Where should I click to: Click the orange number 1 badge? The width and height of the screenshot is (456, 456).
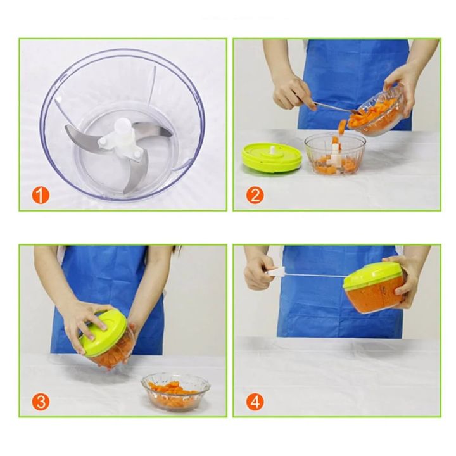(40, 195)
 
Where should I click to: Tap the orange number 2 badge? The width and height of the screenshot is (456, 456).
(255, 195)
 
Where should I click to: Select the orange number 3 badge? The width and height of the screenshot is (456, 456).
(40, 401)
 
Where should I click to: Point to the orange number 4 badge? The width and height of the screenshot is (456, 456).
(255, 401)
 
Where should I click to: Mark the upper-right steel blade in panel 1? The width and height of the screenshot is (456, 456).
(157, 132)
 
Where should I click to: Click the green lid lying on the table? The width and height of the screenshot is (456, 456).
(272, 158)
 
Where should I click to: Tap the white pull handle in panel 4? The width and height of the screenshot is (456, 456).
(274, 273)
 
